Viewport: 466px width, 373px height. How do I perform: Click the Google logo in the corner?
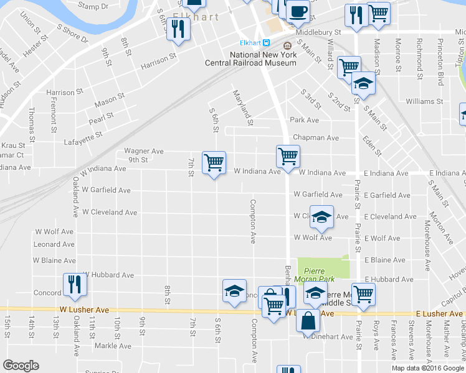20,366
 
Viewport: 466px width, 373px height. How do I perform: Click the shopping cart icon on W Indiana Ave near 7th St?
214,163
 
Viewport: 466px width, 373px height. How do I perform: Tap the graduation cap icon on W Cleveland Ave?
321,217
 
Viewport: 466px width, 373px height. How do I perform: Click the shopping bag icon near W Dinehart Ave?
308,321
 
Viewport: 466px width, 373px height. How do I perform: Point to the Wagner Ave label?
143,151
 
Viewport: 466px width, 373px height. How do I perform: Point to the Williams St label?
424,101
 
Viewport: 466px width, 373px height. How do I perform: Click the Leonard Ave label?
54,244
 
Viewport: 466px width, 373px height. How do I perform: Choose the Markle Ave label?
113,345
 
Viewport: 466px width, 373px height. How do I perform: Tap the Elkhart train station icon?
266,43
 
